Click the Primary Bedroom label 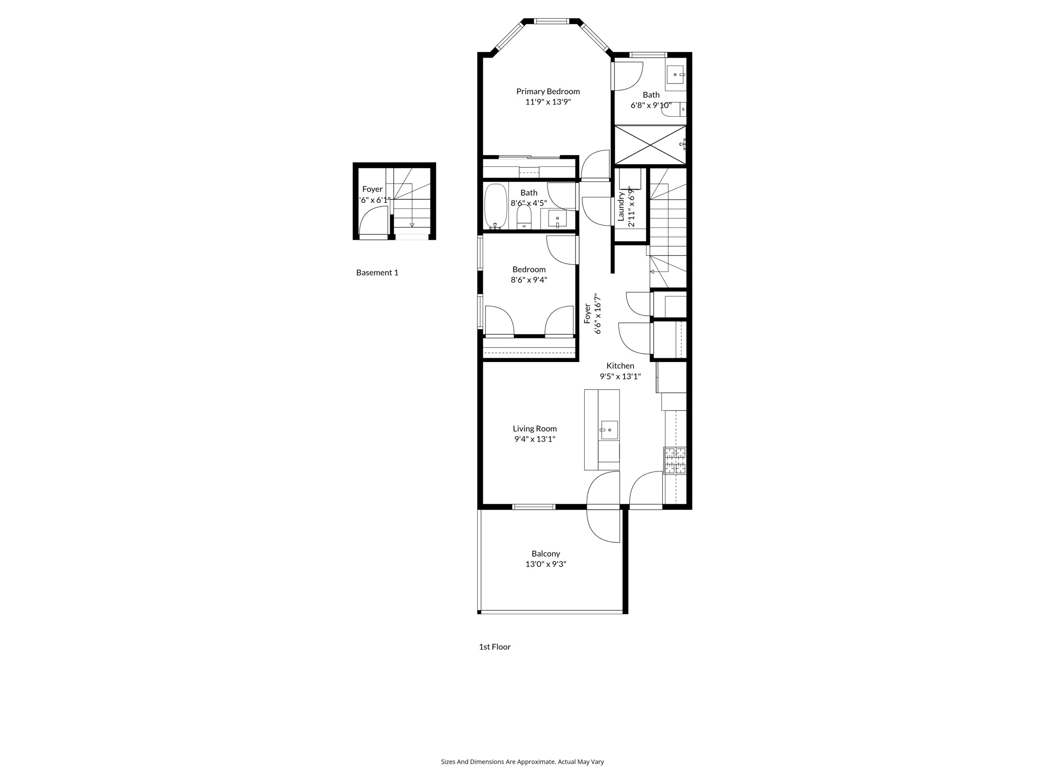(x=548, y=91)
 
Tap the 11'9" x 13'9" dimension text (x=548, y=102)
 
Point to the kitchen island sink (x=609, y=430)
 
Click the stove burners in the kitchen (x=675, y=460)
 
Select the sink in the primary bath (x=676, y=75)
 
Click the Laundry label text (x=621, y=206)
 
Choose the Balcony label (x=545, y=554)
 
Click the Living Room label (x=535, y=429)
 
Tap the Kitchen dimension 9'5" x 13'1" (x=620, y=377)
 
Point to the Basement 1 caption (x=377, y=273)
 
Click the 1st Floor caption (x=494, y=647)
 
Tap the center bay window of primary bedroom (x=551, y=21)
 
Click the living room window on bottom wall (x=533, y=507)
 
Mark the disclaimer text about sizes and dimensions (x=522, y=762)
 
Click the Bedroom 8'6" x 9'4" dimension (x=529, y=280)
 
